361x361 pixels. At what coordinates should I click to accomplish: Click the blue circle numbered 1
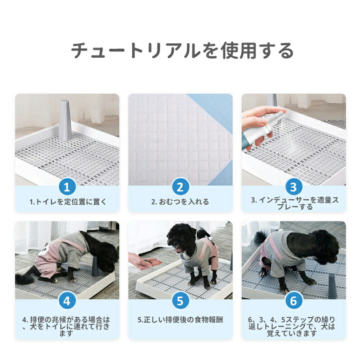[67, 187]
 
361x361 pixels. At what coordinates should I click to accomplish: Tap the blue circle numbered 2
[180, 187]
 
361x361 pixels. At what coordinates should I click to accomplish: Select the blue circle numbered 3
[294, 187]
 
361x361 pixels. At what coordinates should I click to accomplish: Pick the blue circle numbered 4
[67, 301]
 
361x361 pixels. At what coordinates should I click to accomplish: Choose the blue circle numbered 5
[180, 301]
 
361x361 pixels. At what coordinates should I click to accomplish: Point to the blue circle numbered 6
[294, 301]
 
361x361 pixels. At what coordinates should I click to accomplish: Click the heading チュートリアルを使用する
[182, 50]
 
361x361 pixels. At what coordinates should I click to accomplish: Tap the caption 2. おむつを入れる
[180, 202]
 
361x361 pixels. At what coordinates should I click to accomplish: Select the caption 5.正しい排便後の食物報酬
[180, 320]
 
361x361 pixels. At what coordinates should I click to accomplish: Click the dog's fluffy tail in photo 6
[261, 238]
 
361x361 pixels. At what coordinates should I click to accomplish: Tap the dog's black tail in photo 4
[25, 278]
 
